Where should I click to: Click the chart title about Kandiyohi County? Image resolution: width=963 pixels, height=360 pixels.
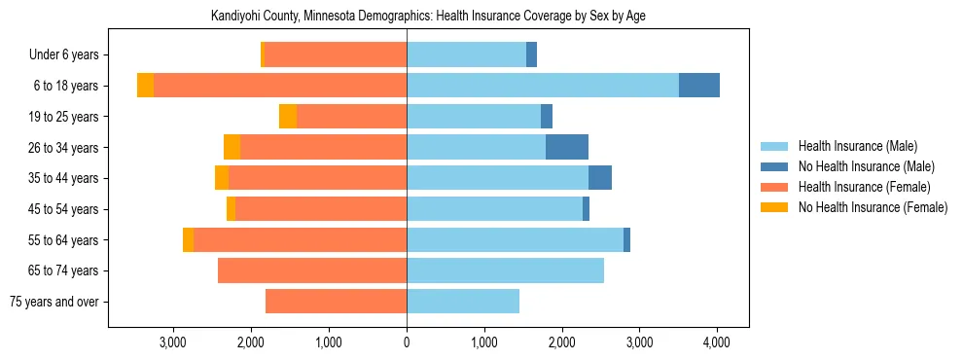428,16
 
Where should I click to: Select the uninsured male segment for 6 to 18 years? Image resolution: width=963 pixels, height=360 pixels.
698,86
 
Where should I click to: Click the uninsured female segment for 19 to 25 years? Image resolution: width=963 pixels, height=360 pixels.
288,117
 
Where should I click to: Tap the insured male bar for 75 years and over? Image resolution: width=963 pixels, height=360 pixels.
463,302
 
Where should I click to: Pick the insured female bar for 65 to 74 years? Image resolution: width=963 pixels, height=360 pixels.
312,270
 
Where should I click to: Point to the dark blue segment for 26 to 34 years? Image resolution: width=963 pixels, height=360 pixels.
567,147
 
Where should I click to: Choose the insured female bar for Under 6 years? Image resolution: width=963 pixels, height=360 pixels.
336,55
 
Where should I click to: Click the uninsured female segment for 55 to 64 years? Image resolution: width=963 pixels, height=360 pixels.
188,240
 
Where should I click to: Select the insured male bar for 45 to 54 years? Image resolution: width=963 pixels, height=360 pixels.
494,209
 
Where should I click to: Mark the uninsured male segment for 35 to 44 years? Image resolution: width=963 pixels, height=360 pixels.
600,178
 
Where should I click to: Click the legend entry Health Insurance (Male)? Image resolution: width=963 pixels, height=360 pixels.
857,146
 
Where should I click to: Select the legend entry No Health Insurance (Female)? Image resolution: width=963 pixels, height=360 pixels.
873,207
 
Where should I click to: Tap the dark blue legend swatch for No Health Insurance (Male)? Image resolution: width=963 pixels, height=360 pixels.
775,166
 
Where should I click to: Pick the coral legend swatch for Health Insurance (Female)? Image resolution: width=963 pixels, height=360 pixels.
775,187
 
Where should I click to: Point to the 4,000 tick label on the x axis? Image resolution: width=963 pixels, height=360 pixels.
717,342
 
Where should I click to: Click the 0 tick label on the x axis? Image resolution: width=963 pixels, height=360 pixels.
407,342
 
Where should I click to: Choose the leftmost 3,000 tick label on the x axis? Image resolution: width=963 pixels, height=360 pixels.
173,342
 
